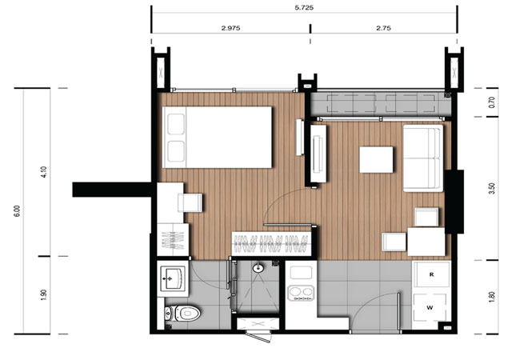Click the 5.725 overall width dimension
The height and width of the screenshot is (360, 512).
pos(304,7)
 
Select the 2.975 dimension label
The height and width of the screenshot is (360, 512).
pos(231,28)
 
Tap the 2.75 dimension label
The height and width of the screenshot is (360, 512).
pos(383,28)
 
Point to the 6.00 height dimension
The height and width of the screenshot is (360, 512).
pos(17,210)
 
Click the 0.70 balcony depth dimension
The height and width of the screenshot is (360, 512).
pos(492,102)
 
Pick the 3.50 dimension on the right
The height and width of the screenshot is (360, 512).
pos(492,189)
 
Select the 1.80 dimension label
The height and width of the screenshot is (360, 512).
pos(492,297)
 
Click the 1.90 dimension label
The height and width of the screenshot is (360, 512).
pos(44,295)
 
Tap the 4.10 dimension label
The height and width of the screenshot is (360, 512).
pos(44,172)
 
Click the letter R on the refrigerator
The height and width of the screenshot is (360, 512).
pos(431,274)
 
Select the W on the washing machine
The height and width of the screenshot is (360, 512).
pos(430,307)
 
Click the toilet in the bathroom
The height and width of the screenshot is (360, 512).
pos(182,314)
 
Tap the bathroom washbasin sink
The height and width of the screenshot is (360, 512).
pos(173,278)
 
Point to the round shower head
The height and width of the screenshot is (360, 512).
pos(258,268)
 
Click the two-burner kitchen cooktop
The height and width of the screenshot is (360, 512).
pos(301,293)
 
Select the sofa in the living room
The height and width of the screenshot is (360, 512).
pos(423,158)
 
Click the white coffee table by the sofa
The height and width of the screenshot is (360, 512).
pos(376,160)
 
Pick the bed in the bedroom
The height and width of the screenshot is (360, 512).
pos(217,138)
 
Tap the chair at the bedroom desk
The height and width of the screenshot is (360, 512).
pos(190,202)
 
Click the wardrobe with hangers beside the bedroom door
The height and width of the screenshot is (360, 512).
pos(271,244)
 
